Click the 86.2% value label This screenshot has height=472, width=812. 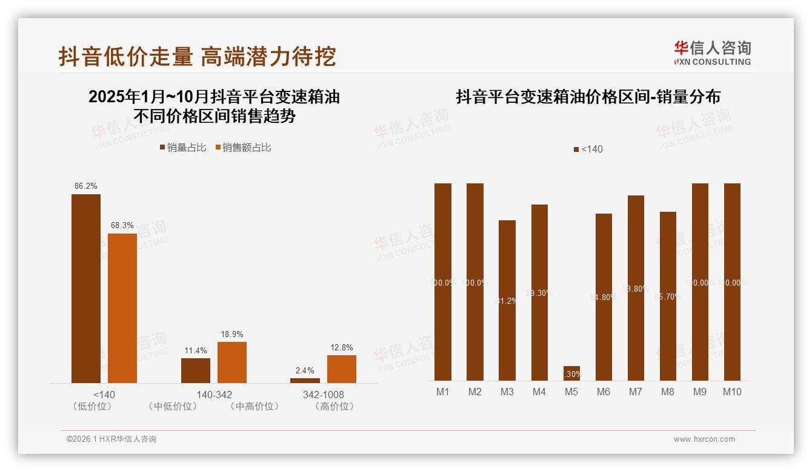point(86,186)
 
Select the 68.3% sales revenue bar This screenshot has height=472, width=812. point(122,308)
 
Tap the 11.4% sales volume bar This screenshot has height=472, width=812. point(196,370)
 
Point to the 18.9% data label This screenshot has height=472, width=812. point(232,334)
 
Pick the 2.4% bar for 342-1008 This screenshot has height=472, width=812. point(305,380)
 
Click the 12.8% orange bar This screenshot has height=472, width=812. point(342,369)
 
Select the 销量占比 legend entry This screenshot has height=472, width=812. point(183,148)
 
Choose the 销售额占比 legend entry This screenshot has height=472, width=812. point(243,148)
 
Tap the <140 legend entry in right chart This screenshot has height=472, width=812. point(588,149)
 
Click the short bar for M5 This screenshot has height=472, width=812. point(571,373)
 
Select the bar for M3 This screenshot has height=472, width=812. point(507,300)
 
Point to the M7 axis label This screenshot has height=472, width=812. point(635,392)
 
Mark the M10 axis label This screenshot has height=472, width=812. point(732,392)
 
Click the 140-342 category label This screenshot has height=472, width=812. point(214,395)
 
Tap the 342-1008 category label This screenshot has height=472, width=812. point(324,395)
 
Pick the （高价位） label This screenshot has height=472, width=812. point(334,407)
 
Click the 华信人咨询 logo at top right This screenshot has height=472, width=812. point(712,53)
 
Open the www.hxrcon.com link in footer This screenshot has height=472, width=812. point(704,439)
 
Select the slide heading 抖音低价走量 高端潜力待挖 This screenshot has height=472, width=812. point(198,57)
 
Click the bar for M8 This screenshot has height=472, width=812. point(668,296)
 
